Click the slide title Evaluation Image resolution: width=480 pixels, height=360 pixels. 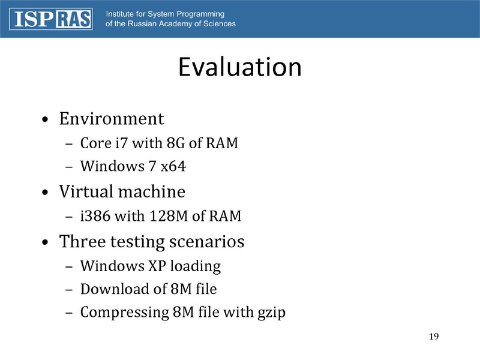239,68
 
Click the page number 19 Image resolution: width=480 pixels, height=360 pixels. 435,335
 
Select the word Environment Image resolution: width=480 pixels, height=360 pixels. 111,118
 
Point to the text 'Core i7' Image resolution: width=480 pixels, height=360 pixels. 103,145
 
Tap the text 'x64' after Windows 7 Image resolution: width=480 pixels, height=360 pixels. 173,167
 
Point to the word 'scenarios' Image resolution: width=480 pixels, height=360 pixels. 208,242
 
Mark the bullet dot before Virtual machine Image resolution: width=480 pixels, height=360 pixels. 46,193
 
